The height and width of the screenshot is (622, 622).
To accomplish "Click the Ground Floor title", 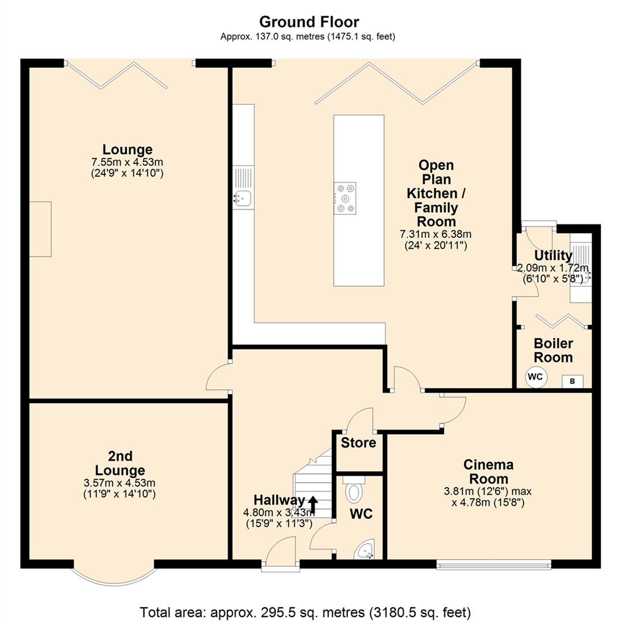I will click(x=309, y=22).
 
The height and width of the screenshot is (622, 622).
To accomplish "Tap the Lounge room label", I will click(x=127, y=149).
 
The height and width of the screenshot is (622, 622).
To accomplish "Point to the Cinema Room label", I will click(x=488, y=472).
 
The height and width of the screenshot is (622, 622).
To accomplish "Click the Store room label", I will click(x=358, y=443).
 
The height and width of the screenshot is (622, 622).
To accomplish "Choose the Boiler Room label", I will click(x=553, y=350).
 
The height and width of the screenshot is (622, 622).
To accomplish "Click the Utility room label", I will click(x=553, y=255).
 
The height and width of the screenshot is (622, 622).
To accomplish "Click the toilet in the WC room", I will click(x=355, y=492).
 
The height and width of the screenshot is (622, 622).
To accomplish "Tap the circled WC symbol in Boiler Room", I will click(x=535, y=378).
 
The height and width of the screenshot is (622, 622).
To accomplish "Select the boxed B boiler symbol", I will click(x=572, y=381).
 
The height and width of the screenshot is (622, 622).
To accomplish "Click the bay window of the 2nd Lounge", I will click(x=113, y=572).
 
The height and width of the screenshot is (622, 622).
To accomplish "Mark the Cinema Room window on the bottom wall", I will click(x=493, y=564).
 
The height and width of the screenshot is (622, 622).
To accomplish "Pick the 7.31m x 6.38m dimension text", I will click(x=435, y=234).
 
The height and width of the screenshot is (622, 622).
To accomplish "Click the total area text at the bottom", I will click(x=305, y=610).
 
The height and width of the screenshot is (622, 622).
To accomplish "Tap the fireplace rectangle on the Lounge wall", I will click(x=40, y=229).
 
